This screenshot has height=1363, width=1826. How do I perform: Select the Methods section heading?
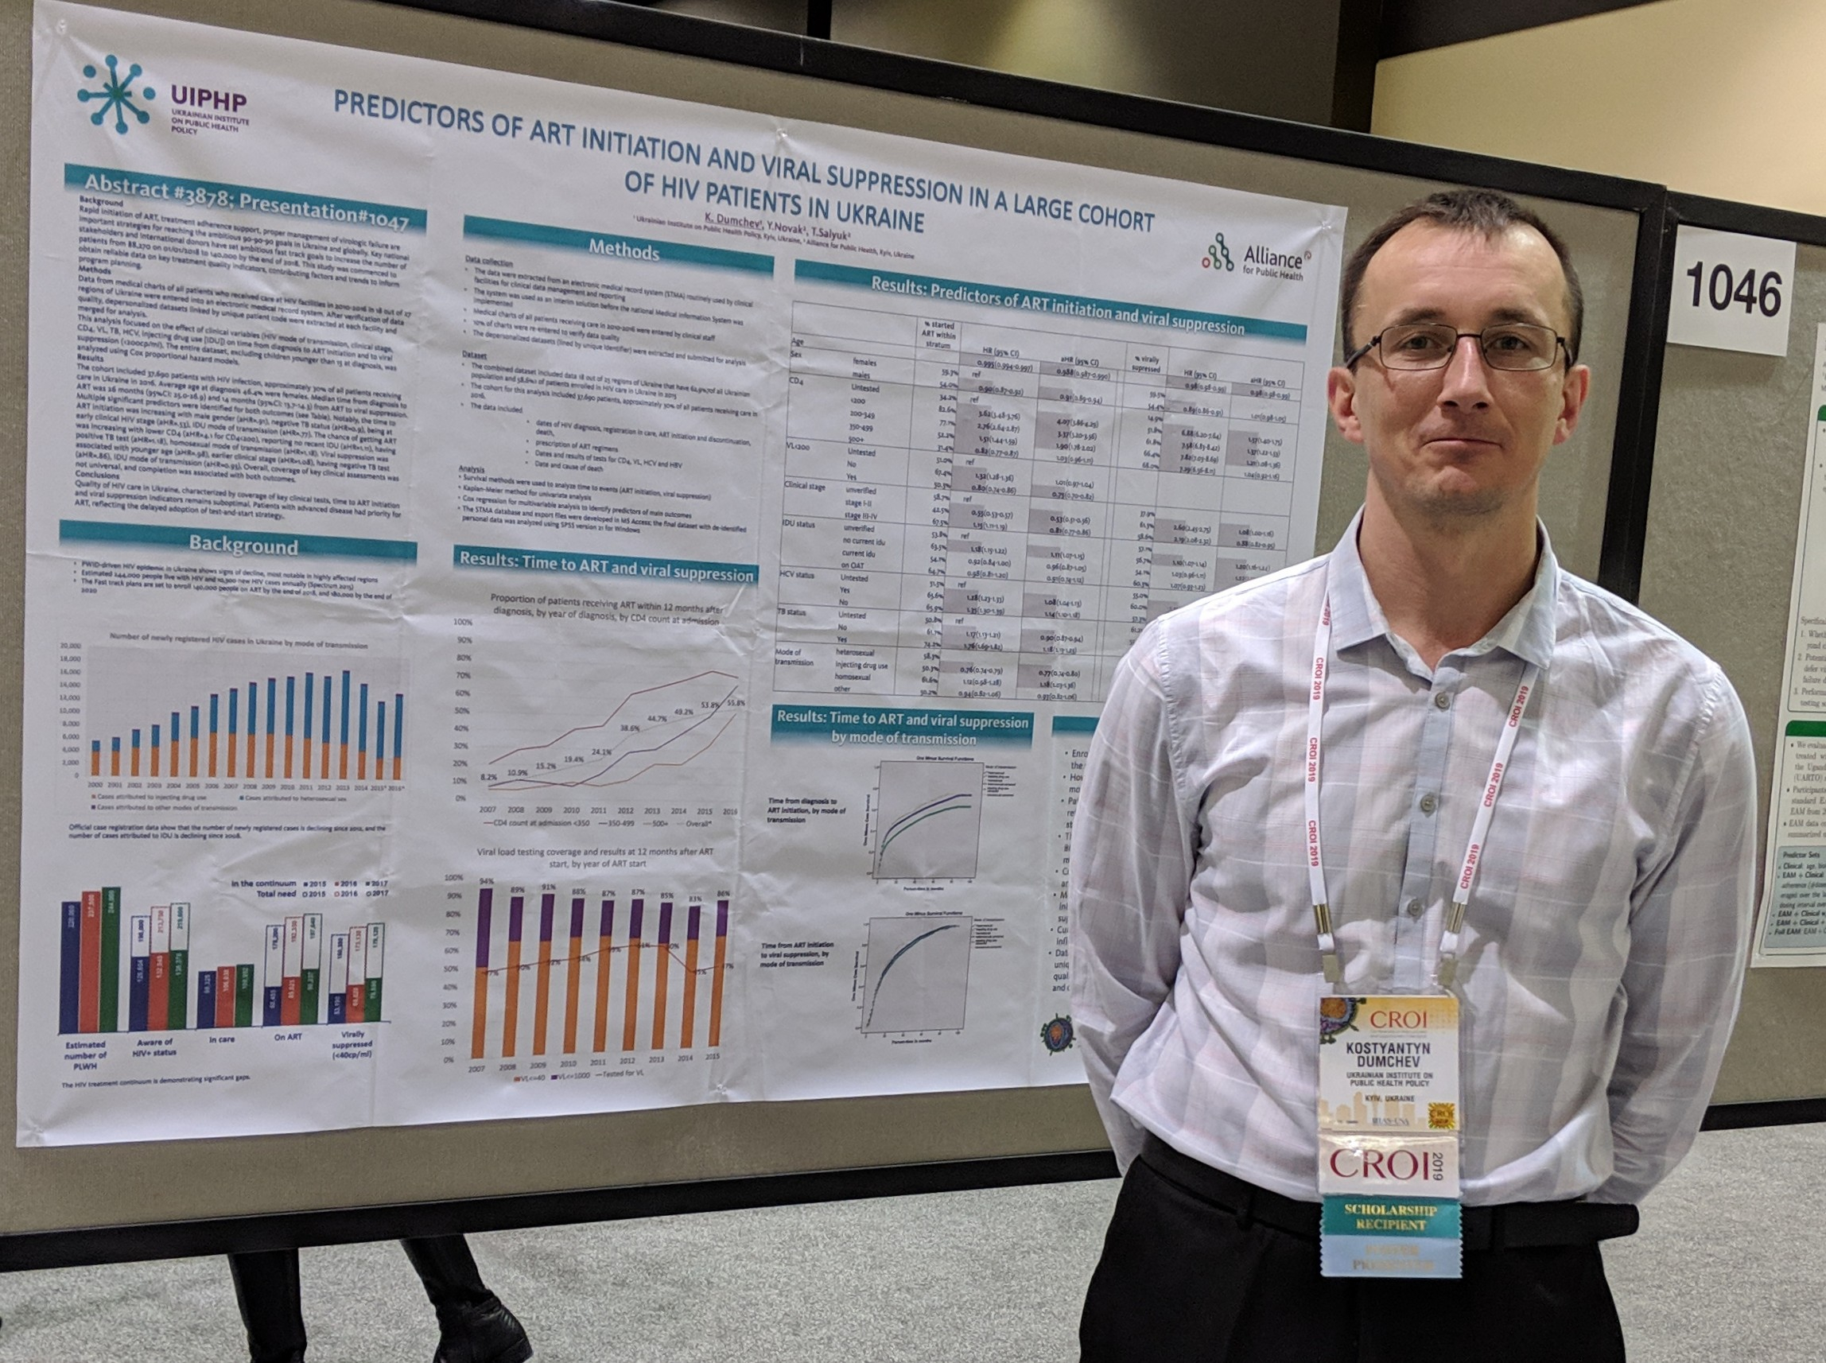[x=623, y=250]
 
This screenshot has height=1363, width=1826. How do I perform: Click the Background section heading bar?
[x=242, y=545]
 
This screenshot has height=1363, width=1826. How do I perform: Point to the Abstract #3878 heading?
[x=246, y=201]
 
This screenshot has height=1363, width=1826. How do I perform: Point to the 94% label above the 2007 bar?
[x=486, y=881]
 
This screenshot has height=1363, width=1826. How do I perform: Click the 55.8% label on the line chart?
[x=734, y=703]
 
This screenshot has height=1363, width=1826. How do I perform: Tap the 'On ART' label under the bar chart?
[x=288, y=1036]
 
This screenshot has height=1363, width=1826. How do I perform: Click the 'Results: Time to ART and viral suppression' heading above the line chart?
[x=607, y=567]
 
